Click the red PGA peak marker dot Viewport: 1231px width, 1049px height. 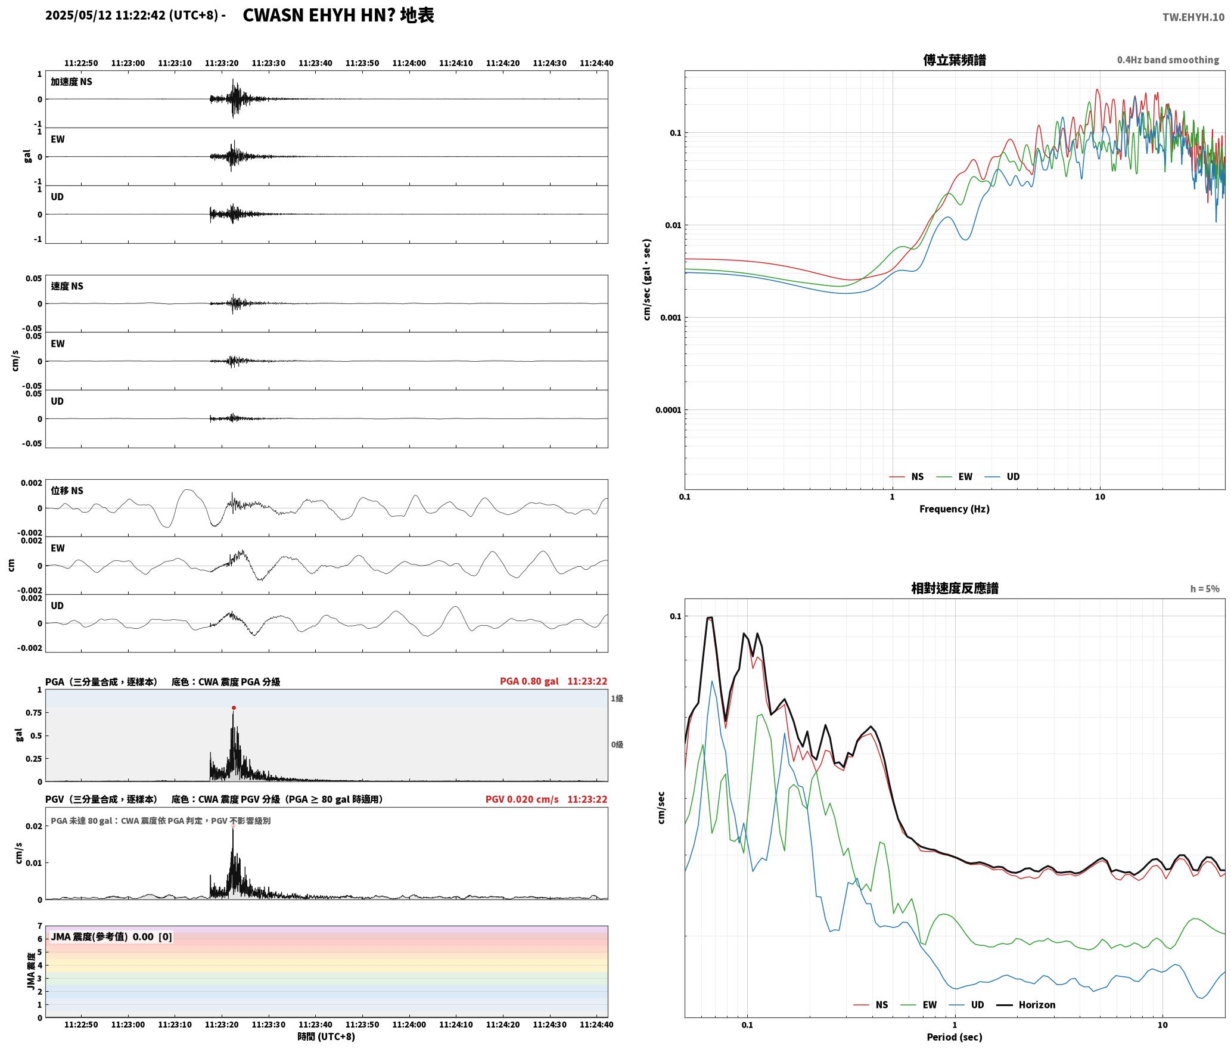coord(234,708)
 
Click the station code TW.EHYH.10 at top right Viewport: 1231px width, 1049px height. coord(1193,17)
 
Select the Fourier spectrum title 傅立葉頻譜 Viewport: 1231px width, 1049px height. coord(955,60)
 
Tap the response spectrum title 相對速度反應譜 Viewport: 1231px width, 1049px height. coord(955,588)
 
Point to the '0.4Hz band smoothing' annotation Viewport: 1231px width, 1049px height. coord(1168,60)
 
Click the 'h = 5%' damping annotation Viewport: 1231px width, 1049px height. coord(1205,589)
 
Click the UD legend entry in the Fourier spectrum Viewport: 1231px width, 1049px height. coord(1002,477)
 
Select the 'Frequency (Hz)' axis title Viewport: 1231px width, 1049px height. coord(955,509)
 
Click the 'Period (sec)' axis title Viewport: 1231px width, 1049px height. coord(955,1037)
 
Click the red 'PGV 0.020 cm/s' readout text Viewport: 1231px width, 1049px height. coord(522,799)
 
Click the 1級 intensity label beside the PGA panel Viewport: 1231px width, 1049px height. coord(617,699)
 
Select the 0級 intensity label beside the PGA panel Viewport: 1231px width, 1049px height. coord(617,744)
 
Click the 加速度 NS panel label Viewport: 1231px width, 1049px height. coord(72,82)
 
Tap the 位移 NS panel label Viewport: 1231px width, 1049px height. coord(67,491)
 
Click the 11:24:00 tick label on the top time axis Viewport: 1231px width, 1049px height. coord(409,63)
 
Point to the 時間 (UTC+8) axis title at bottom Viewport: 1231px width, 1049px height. coord(326,1036)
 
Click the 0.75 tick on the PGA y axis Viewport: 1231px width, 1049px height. coord(33,713)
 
